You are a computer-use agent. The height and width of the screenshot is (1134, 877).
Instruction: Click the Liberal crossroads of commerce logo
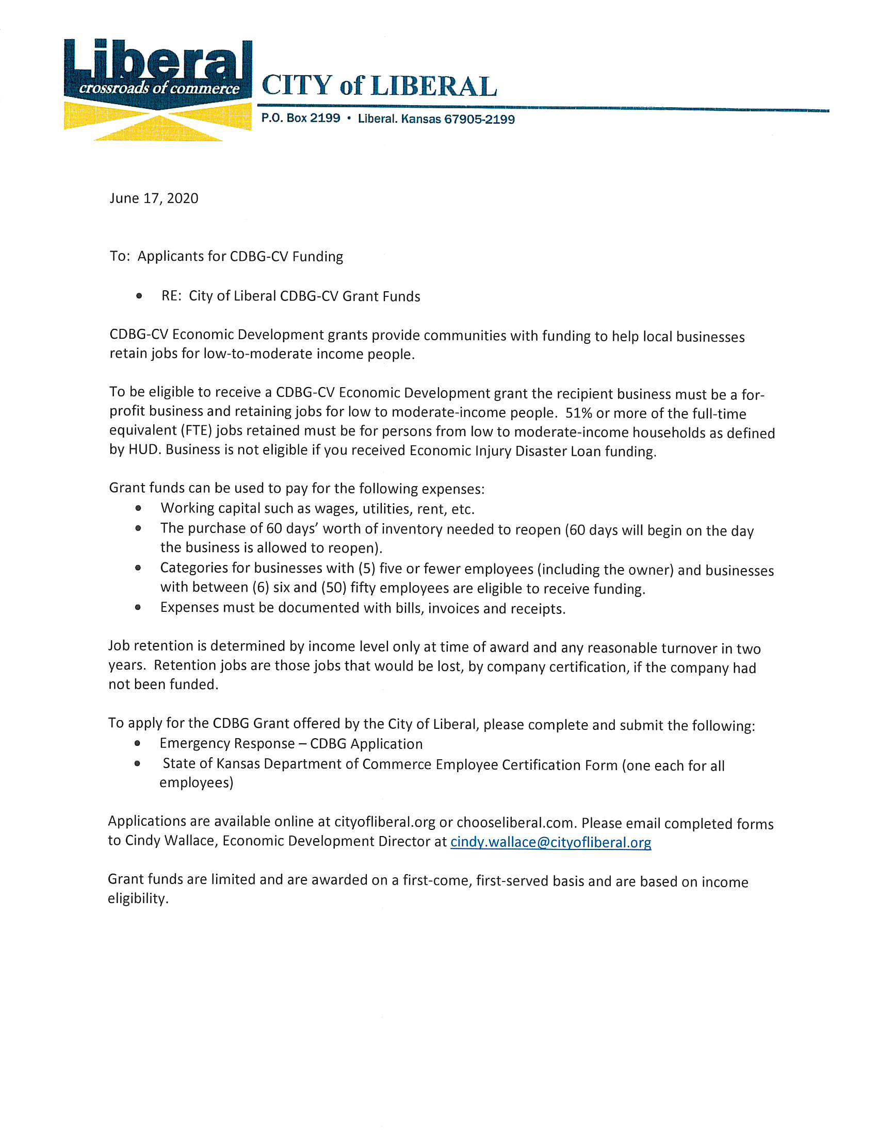[x=157, y=89]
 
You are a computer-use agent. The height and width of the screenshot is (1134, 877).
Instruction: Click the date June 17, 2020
[x=154, y=198]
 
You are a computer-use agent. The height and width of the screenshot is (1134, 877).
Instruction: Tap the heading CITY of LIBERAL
[x=379, y=86]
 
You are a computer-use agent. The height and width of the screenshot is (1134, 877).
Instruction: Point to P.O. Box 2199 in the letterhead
[x=300, y=119]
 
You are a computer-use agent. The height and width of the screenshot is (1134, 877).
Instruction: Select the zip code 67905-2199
[x=479, y=120]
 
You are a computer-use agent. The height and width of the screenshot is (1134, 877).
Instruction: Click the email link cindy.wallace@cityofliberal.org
[x=550, y=842]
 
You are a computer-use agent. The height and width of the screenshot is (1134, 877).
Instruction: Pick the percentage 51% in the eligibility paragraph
[x=578, y=413]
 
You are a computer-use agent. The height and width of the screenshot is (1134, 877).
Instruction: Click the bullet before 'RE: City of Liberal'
[x=139, y=296]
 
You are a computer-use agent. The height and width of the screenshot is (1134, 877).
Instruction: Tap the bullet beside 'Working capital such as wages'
[x=138, y=508]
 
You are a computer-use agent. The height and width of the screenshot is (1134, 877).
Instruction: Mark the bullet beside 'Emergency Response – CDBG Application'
[x=137, y=743]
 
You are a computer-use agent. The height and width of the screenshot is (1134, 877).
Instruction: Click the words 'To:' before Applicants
[x=120, y=257]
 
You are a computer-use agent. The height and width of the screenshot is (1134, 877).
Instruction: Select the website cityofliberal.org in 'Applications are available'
[x=384, y=822]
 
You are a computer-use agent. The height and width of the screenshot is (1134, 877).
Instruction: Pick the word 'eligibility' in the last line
[x=137, y=899]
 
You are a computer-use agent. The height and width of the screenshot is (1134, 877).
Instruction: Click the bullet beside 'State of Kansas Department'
[x=137, y=764]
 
